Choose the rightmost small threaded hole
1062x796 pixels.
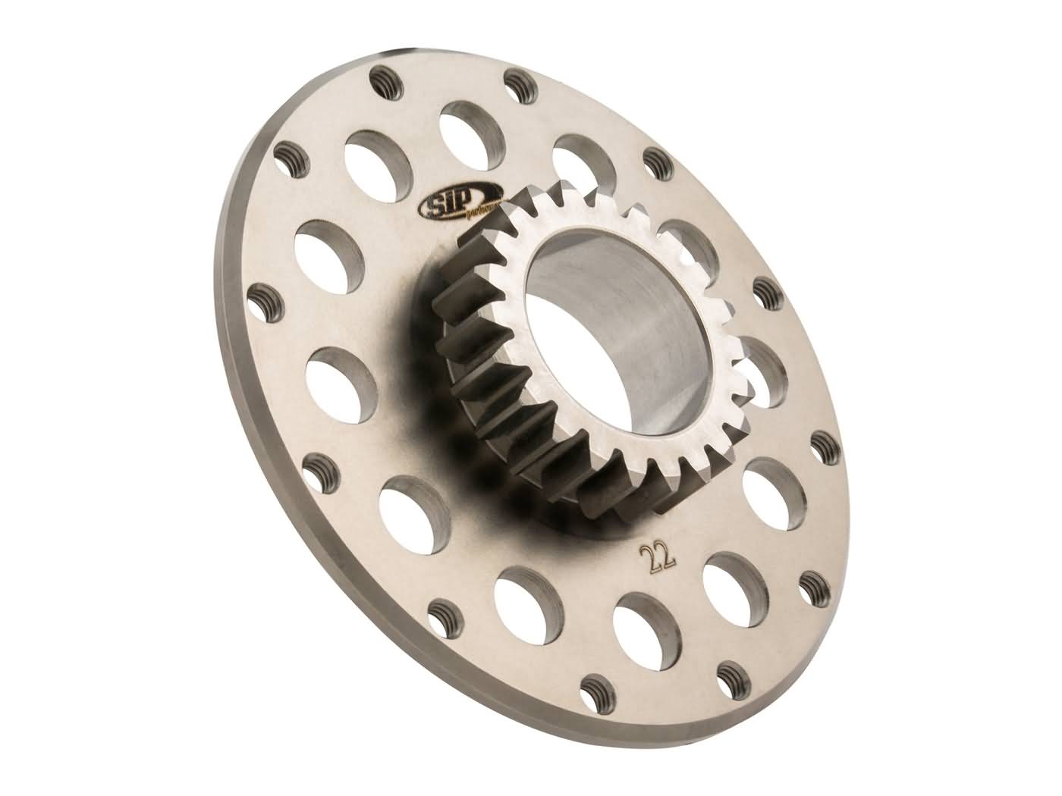tap(821, 446)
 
